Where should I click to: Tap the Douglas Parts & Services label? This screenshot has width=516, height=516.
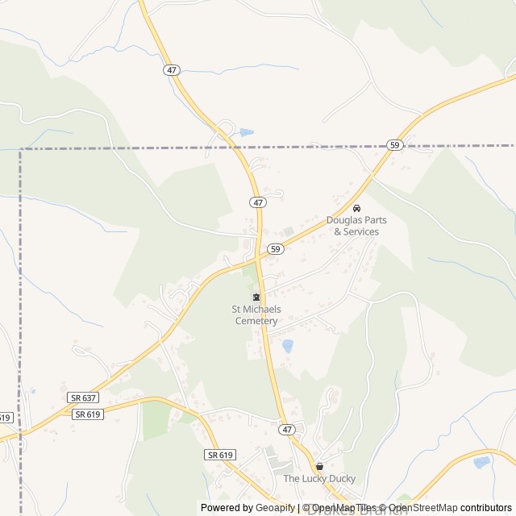click(x=352, y=226)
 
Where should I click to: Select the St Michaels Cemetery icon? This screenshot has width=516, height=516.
click(x=256, y=297)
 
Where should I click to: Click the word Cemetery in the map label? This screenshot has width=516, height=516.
click(x=256, y=321)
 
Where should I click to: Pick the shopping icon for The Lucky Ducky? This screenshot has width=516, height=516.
click(x=319, y=466)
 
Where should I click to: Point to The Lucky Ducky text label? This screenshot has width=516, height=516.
click(x=319, y=479)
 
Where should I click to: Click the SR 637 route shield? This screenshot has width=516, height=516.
click(x=83, y=398)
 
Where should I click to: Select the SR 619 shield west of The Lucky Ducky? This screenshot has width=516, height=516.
click(x=219, y=455)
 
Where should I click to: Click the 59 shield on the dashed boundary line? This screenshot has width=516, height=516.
click(x=394, y=145)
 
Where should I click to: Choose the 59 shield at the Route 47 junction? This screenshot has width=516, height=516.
click(x=276, y=249)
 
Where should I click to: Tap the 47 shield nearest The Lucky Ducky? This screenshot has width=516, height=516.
click(x=288, y=430)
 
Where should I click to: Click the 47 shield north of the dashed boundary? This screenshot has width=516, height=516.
click(x=171, y=70)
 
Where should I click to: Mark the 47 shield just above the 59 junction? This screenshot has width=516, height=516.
click(x=257, y=202)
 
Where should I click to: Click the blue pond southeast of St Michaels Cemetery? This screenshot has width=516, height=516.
click(x=287, y=346)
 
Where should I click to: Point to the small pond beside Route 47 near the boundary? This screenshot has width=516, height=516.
click(x=246, y=132)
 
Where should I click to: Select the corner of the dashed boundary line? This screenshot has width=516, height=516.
click(x=20, y=149)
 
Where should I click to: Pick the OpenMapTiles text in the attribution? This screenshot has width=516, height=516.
click(x=343, y=508)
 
